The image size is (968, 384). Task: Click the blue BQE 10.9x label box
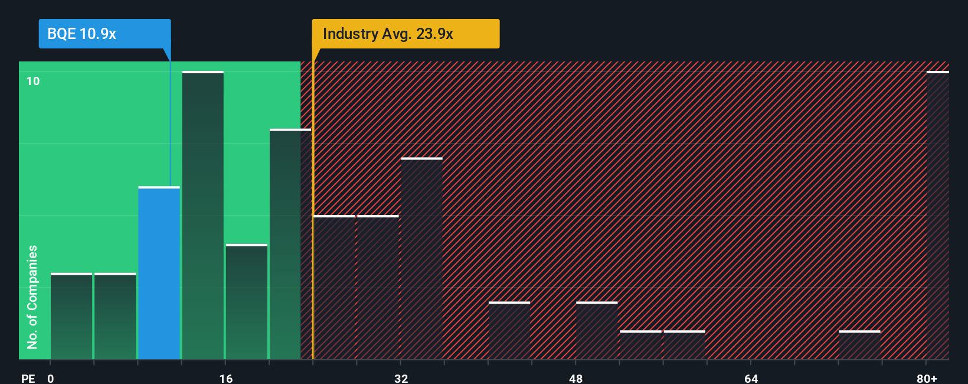coord(104,34)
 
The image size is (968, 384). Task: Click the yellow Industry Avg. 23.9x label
coord(405,34)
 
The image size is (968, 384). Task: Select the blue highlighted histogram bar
coord(159,273)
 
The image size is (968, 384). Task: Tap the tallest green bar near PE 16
coord(202,216)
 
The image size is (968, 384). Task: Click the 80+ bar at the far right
coord(937,216)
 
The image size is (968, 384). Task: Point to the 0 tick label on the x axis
coord(51,378)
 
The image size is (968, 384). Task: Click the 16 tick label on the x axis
coord(225,378)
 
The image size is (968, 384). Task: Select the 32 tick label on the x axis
coord(401,378)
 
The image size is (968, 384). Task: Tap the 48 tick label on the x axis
coord(575,378)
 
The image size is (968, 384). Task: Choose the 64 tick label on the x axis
coord(751,378)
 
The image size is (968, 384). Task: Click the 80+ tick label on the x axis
coord(927,378)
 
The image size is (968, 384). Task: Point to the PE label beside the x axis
coord(28,378)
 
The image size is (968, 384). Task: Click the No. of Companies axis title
coord(32,297)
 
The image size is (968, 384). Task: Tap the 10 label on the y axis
coord(33,81)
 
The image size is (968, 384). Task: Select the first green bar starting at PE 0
coord(71,316)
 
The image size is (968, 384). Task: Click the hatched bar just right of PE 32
coord(421,259)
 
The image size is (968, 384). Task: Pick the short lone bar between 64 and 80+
coord(859,345)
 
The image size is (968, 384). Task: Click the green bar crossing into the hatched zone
coord(290,244)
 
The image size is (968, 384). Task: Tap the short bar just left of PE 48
coord(509,331)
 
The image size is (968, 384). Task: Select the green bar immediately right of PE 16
coord(246,302)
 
